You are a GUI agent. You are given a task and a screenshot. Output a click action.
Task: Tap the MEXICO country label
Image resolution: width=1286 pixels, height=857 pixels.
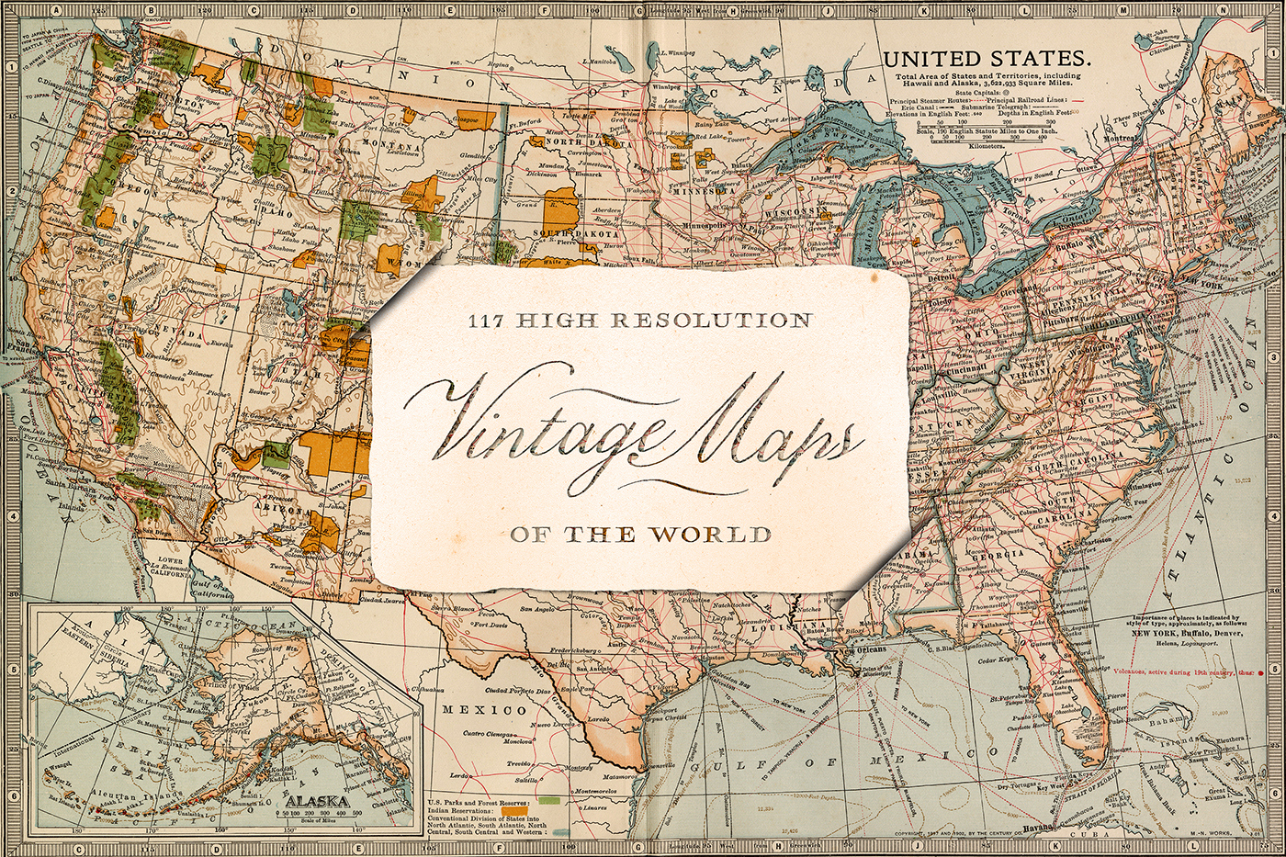[484, 710]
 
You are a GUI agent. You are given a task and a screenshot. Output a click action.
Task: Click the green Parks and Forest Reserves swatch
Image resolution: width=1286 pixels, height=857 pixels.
[551, 802]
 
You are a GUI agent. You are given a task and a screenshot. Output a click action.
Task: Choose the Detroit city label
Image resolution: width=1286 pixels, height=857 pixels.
[939, 276]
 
